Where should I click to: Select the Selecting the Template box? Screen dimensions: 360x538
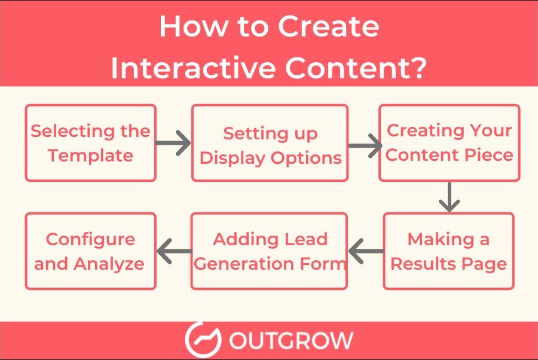pos(91,143)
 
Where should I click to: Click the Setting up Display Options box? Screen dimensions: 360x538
pos(270,143)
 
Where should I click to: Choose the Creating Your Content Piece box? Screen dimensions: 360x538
pos(450,143)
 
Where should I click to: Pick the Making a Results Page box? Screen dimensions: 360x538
pos(448,251)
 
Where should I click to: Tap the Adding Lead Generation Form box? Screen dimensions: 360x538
pos(270,251)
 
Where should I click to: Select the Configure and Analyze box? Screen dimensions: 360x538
pos(91,251)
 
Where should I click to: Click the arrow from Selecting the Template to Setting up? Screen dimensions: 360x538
pos(173,144)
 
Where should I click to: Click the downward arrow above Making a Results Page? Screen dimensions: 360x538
pos(448,197)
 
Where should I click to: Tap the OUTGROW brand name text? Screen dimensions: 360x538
pos(291,341)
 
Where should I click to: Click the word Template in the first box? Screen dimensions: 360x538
pos(91,155)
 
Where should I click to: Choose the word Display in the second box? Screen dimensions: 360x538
pos(231,158)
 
